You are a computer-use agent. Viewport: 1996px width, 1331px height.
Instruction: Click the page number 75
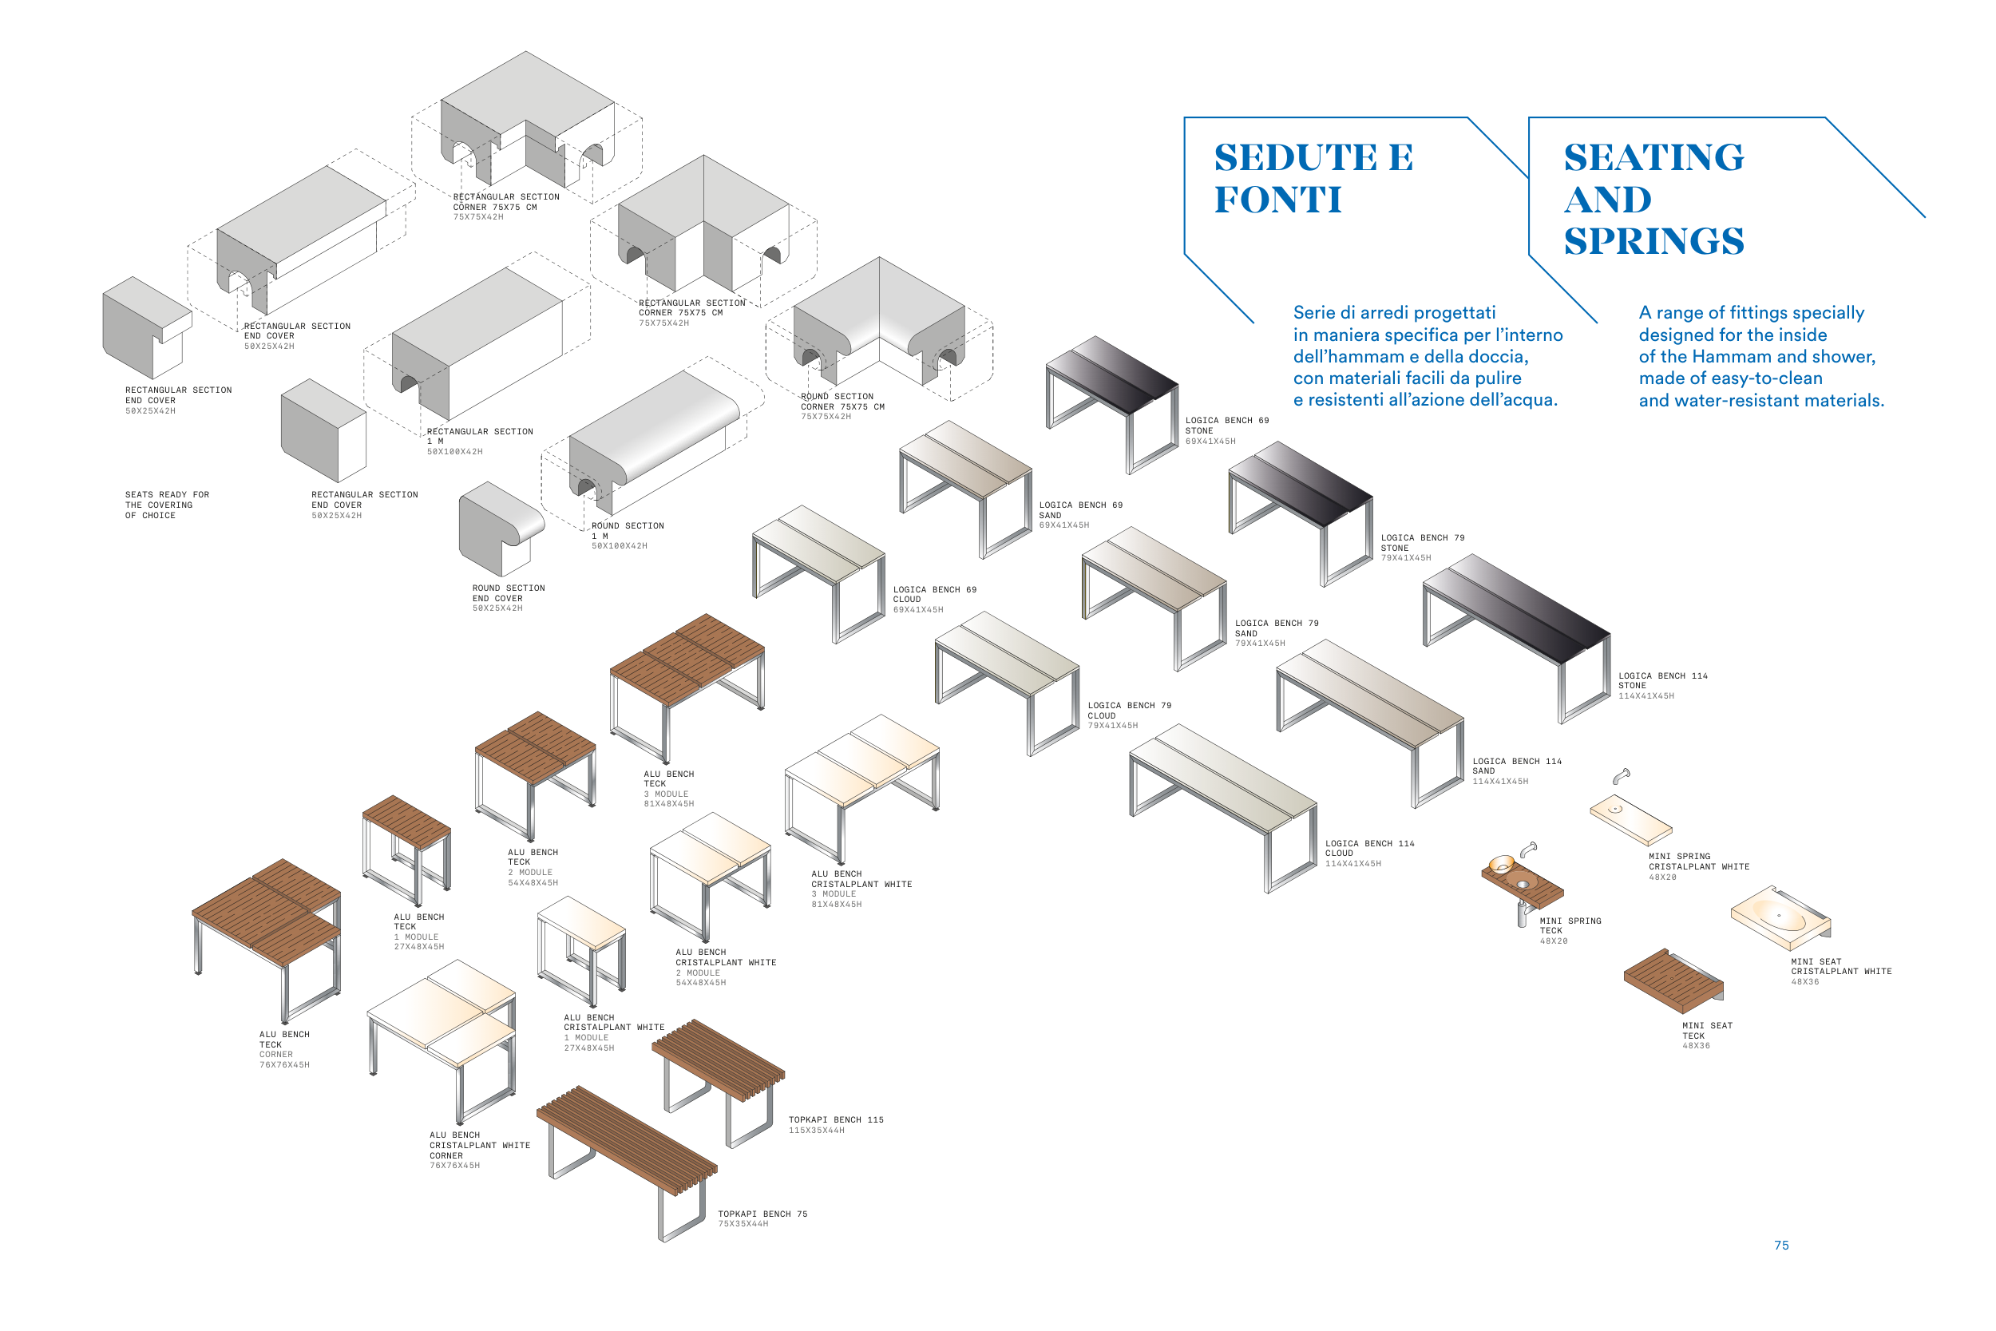(1780, 1246)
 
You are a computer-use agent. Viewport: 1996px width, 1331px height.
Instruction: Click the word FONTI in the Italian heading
(1277, 200)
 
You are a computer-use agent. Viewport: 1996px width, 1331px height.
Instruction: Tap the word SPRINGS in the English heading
(1654, 241)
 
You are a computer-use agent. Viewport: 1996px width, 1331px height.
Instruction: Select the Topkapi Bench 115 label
(836, 1125)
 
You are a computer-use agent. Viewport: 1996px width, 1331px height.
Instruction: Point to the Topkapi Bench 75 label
(762, 1219)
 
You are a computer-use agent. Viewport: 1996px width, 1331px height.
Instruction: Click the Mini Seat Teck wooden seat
(1673, 980)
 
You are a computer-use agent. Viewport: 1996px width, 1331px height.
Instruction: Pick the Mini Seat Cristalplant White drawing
(1780, 918)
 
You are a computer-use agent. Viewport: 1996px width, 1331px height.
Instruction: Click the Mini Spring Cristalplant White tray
(1630, 819)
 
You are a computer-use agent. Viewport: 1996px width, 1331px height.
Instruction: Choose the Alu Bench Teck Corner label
(284, 1049)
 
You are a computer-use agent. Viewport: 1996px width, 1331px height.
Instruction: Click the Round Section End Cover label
(509, 597)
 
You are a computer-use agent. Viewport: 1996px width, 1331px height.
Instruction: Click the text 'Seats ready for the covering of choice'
(166, 505)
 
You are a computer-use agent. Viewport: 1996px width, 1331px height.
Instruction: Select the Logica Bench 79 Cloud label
(1130, 715)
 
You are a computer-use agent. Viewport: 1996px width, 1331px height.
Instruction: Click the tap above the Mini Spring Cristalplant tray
(1621, 776)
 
